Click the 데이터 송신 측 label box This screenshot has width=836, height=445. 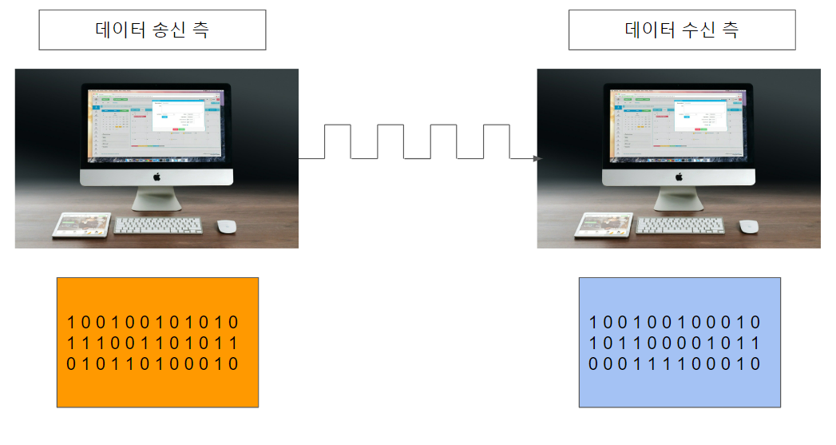(x=152, y=30)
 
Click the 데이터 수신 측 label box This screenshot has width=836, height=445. (x=681, y=30)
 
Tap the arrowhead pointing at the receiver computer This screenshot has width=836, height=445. (x=537, y=159)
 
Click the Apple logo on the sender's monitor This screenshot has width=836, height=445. (x=157, y=177)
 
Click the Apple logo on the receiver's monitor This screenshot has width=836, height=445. (x=679, y=177)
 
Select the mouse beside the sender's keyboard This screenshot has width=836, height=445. (x=227, y=226)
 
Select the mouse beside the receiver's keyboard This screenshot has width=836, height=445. (x=748, y=226)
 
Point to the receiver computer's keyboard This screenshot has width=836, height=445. (x=681, y=225)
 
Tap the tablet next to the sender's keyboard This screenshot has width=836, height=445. (x=81, y=224)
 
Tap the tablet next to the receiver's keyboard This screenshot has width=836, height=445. (x=603, y=224)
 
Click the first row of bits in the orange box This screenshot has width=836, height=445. (x=153, y=323)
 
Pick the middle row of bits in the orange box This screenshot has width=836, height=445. (x=153, y=344)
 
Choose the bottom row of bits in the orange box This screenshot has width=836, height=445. (x=153, y=364)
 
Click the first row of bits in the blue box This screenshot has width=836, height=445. (x=675, y=323)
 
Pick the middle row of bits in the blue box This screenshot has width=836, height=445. (x=675, y=344)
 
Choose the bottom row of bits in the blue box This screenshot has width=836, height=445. (x=675, y=364)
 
